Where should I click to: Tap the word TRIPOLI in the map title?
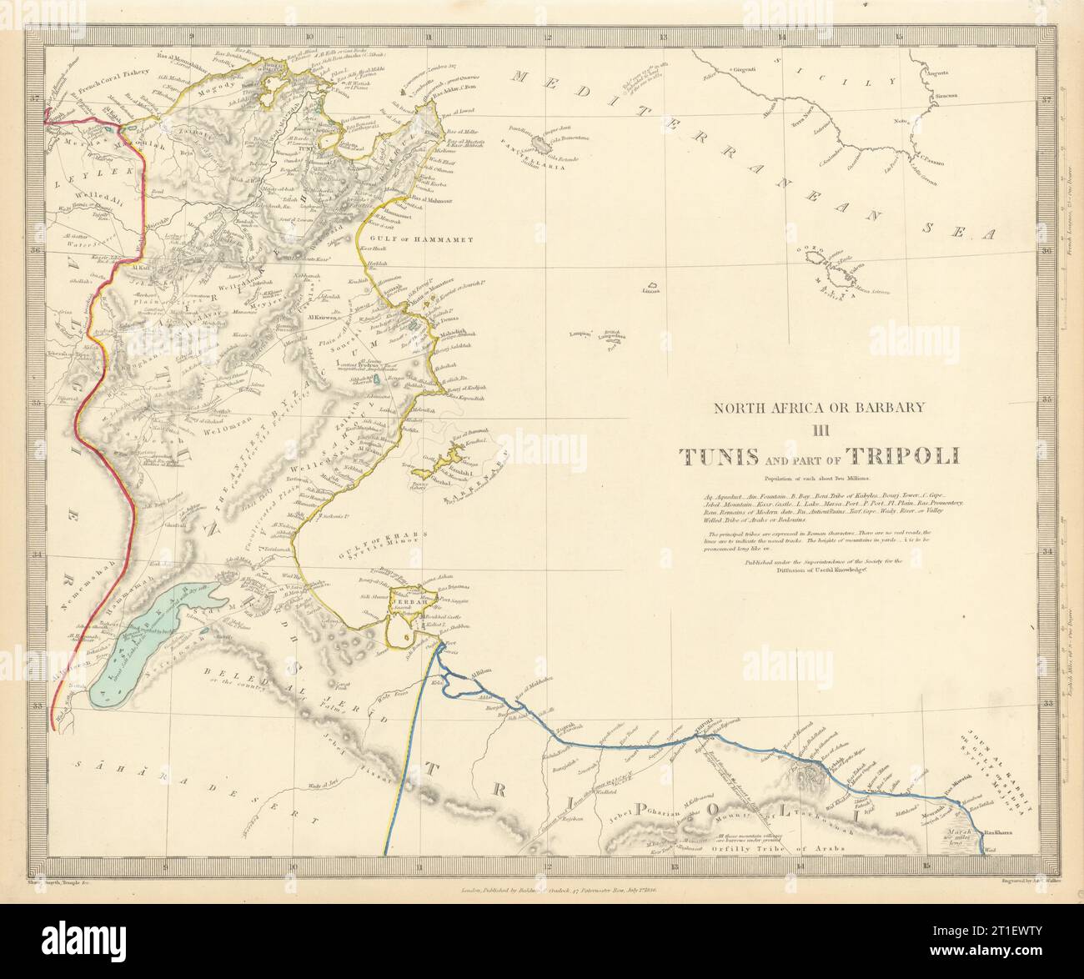(x=903, y=456)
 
